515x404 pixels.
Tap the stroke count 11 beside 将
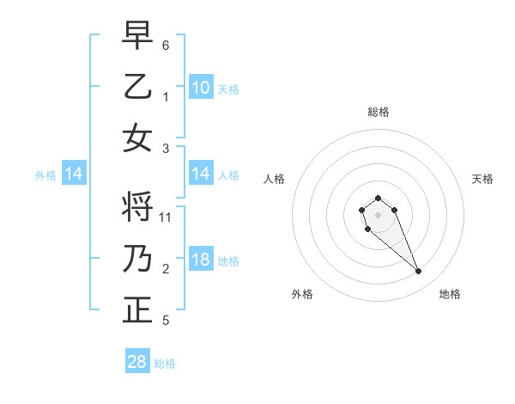pos(167,217)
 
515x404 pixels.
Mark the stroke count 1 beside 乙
pos(166,96)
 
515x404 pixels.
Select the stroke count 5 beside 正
pos(166,321)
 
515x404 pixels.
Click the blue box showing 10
pos(201,87)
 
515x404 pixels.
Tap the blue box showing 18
pos(201,260)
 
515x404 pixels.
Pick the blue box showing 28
pos(137,362)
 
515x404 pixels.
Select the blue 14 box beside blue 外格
pos(74,174)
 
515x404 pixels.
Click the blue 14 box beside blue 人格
pos(201,174)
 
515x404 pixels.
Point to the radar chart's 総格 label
pos(378,112)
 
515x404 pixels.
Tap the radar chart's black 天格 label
pos(482,179)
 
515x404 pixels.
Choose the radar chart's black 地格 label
pos(450,294)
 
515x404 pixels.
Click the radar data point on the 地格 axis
pos(419,272)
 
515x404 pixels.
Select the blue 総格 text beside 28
pos(165,364)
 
